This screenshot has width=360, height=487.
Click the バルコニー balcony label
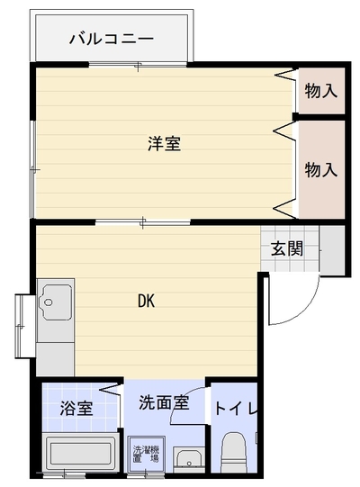click(x=112, y=39)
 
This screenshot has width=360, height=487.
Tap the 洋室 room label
click(x=164, y=143)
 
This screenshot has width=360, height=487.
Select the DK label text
click(x=147, y=301)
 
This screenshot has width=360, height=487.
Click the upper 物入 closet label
click(x=321, y=91)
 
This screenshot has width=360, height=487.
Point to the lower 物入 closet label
click(x=321, y=169)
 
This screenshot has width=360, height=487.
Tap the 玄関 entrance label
click(x=287, y=248)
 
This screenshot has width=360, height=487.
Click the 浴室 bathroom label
click(x=76, y=408)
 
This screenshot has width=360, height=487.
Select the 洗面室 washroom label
click(x=164, y=402)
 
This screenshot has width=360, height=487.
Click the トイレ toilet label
click(x=236, y=408)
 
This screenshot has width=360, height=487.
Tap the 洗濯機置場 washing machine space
click(x=146, y=455)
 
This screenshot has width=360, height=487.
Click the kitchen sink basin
click(x=56, y=302)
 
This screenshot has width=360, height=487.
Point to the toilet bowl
click(x=234, y=451)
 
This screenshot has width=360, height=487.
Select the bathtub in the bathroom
click(x=81, y=453)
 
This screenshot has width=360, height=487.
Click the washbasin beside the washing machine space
click(x=189, y=460)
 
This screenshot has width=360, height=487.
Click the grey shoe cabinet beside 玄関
click(x=332, y=250)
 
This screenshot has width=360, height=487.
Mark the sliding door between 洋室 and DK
click(x=142, y=222)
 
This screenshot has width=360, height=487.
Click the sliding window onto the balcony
click(x=138, y=65)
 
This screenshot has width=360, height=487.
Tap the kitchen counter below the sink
click(x=55, y=359)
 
